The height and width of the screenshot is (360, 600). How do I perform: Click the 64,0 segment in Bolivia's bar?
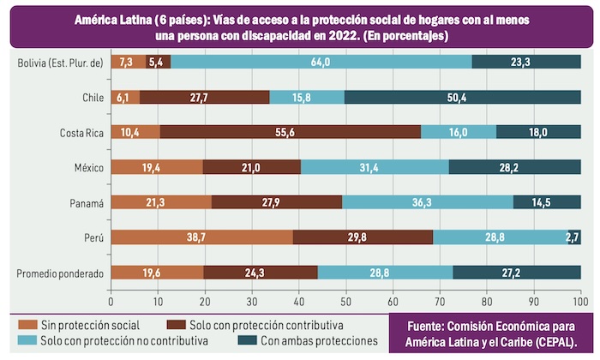click(321, 62)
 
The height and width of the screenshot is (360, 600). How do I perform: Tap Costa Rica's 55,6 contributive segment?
click(290, 132)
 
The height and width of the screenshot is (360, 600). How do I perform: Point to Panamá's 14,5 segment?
click(547, 202)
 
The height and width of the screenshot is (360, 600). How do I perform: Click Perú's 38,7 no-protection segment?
click(201, 237)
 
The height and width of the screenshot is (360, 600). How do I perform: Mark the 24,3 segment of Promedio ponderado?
click(261, 273)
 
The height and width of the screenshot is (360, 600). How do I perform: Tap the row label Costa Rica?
click(81, 132)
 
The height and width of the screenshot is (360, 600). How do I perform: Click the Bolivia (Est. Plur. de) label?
click(60, 62)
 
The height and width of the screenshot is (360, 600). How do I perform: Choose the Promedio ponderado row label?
click(60, 273)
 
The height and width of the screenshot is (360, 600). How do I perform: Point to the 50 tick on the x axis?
click(345, 302)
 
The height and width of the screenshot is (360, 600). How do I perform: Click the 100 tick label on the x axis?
click(579, 302)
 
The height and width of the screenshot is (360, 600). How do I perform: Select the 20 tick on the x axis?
click(205, 302)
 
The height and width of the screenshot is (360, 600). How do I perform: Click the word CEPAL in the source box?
click(551, 340)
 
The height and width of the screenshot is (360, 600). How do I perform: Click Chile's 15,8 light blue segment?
click(307, 97)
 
